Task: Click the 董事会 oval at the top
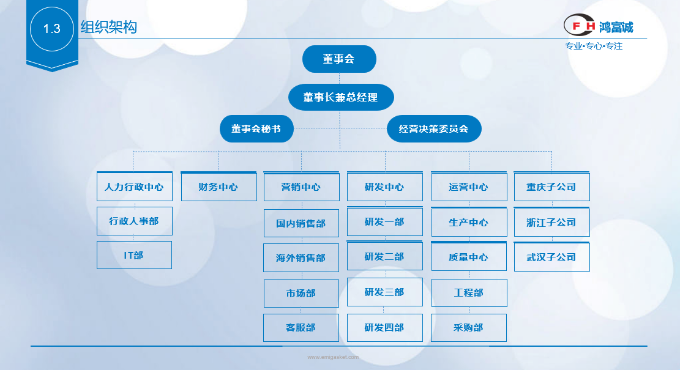[x=339, y=59]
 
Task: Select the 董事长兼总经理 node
[x=340, y=97]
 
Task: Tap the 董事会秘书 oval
[x=256, y=129]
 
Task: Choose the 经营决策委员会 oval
[x=434, y=129]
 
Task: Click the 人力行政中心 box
[x=134, y=187]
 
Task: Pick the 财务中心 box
[x=219, y=187]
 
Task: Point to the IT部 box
[x=134, y=255]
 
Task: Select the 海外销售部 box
[x=301, y=258]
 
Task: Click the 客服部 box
[x=301, y=328]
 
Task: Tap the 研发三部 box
[x=384, y=292]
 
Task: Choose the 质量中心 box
[x=469, y=257]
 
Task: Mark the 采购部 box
[x=469, y=328]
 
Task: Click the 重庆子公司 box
[x=551, y=187]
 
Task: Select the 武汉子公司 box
[x=551, y=257]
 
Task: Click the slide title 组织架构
[x=109, y=28]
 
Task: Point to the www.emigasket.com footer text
[x=333, y=357]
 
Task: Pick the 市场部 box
[x=301, y=294]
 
